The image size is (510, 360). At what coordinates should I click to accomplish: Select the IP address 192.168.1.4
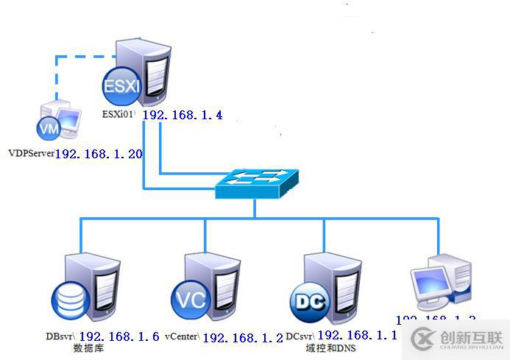pos(182,116)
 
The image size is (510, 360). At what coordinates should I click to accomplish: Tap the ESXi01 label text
pos(121,115)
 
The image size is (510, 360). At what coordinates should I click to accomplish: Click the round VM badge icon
pos(49,129)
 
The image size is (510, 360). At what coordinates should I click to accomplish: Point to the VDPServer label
pos(31,153)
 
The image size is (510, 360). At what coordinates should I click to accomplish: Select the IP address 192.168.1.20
pos(99,155)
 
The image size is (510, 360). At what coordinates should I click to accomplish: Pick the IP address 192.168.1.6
pos(118,337)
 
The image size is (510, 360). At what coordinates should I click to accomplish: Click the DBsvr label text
pos(60,336)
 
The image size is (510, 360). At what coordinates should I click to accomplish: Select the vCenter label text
pos(183,336)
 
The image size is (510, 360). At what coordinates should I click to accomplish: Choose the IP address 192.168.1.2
pos(242,338)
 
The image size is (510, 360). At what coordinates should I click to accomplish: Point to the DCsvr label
pos(300,336)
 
